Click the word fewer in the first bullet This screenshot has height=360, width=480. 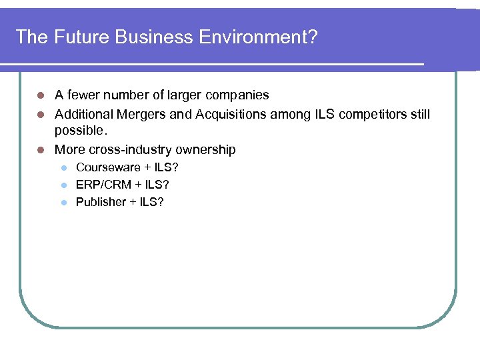click(x=83, y=95)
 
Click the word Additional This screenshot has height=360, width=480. click(x=82, y=115)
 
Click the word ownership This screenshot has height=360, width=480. click(x=205, y=150)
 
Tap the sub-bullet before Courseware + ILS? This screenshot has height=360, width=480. click(x=64, y=167)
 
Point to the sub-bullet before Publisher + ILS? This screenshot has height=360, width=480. click(x=64, y=202)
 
